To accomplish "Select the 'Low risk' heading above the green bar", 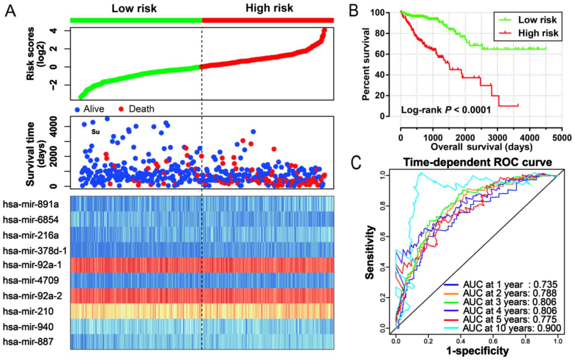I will point(134,8).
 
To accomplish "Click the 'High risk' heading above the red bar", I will point(269,8).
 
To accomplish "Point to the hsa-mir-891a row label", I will point(31,204).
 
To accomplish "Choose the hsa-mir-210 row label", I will point(28,311).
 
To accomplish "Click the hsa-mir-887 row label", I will point(28,342).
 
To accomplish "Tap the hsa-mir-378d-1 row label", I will point(35,250).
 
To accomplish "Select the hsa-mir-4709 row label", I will point(31,280).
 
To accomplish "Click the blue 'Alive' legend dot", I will point(77,109).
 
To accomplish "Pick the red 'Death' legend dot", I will point(121,109).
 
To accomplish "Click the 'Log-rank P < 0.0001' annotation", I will point(446,110).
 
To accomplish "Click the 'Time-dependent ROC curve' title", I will point(478,162).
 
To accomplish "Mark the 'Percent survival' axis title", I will point(366,64).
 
